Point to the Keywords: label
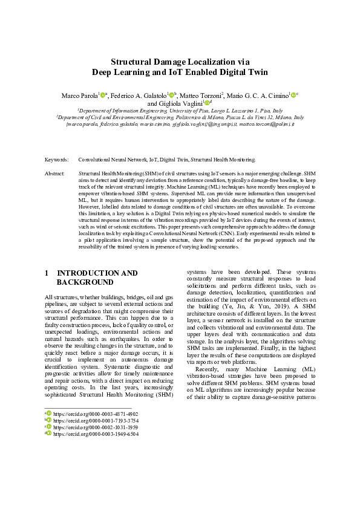click(57, 160)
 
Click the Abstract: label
click(55, 173)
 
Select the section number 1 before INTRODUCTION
click(47, 273)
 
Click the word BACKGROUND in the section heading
click(85, 282)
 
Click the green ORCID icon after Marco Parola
click(103, 95)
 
